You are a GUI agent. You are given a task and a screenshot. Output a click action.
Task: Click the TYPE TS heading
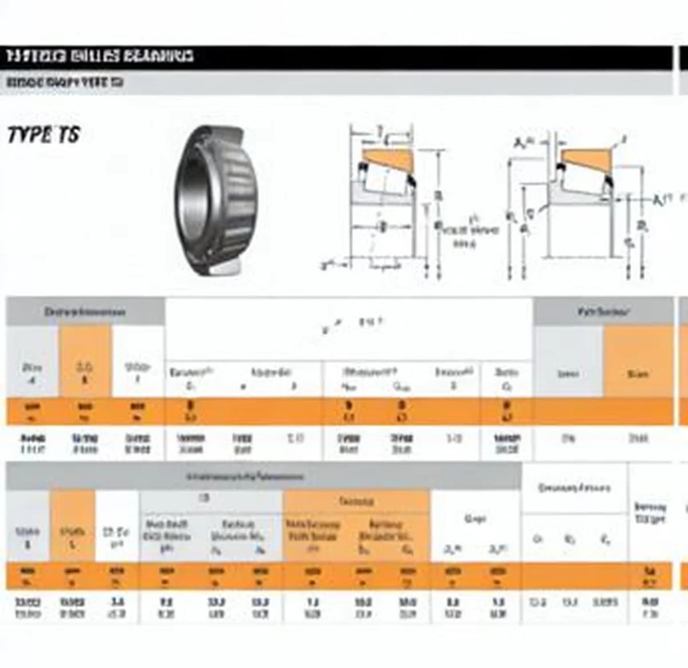click(43, 135)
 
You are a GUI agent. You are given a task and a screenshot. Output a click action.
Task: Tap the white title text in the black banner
click(100, 56)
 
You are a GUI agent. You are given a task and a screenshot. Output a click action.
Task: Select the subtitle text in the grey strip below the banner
click(64, 83)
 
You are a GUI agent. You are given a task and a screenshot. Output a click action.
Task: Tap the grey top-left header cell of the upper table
click(85, 312)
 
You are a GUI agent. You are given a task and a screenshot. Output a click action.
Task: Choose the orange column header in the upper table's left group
click(85, 372)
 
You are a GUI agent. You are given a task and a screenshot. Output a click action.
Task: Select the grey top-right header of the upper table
click(603, 312)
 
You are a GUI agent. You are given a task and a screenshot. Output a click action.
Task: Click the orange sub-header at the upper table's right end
click(638, 374)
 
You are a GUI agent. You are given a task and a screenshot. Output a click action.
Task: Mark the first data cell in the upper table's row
click(32, 444)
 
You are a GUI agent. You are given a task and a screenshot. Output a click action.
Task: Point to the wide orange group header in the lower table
click(356, 502)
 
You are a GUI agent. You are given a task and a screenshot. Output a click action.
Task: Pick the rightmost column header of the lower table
click(650, 513)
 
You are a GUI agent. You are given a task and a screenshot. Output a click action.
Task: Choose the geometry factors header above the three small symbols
click(574, 488)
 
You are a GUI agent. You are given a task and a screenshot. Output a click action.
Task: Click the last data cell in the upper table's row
click(638, 439)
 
